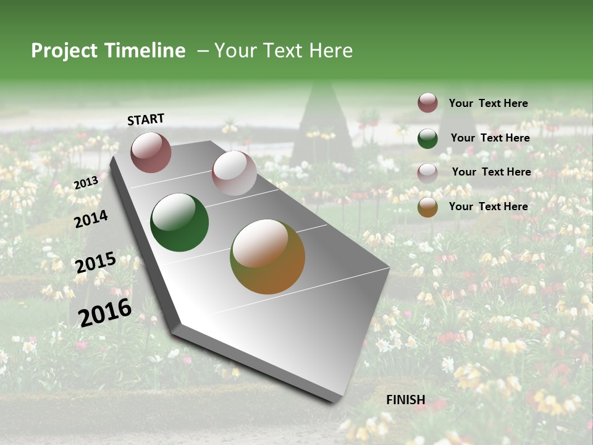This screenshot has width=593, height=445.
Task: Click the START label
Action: pyautogui.click(x=146, y=119)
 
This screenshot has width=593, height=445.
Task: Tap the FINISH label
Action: pyautogui.click(x=405, y=400)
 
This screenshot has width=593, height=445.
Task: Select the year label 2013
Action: pyautogui.click(x=86, y=183)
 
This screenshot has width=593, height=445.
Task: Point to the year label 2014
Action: pyautogui.click(x=91, y=219)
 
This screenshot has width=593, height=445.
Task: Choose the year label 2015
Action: pyautogui.click(x=95, y=263)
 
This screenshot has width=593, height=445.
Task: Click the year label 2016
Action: pyautogui.click(x=105, y=312)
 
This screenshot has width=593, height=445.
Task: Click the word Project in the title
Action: pyautogui.click(x=64, y=51)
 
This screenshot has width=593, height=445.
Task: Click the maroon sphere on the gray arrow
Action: pyautogui.click(x=151, y=152)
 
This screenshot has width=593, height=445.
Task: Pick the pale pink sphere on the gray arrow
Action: pyautogui.click(x=234, y=173)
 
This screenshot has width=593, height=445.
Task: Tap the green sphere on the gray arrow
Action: pyautogui.click(x=179, y=222)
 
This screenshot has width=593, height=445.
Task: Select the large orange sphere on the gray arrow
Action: pyautogui.click(x=267, y=256)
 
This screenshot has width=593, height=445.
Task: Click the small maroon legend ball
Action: pyautogui.click(x=427, y=103)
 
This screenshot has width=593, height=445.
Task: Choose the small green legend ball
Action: pyautogui.click(x=427, y=138)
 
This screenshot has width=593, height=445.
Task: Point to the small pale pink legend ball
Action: pyautogui.click(x=427, y=173)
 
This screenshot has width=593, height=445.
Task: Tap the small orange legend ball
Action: pyautogui.click(x=427, y=208)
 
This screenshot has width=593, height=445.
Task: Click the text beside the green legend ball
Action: pyautogui.click(x=490, y=138)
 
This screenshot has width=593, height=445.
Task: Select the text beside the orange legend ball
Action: pyautogui.click(x=488, y=206)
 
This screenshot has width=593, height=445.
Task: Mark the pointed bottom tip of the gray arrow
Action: pyautogui.click(x=337, y=400)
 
